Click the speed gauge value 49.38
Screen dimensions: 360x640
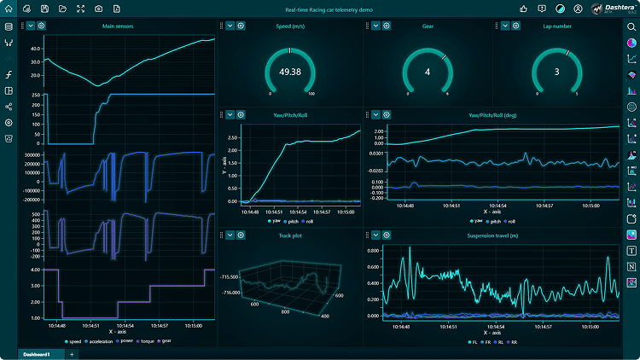tap(290, 72)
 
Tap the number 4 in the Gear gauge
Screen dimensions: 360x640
tap(428, 72)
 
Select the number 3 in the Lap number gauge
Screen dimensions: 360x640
tap(556, 72)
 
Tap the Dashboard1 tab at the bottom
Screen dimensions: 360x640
tap(37, 354)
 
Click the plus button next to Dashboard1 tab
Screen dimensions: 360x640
tap(72, 354)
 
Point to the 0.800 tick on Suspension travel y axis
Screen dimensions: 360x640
tap(372, 251)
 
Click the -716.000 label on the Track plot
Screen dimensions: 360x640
tap(229, 293)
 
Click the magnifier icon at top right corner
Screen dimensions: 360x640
tap(630, 26)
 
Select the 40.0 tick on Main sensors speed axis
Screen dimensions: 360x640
tap(35, 49)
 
